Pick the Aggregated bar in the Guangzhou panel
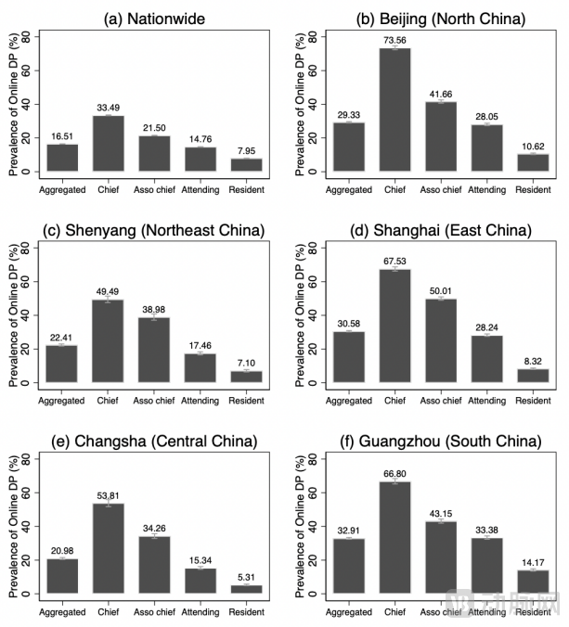point(348,566)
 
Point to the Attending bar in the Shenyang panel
point(200,367)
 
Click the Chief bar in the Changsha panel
point(108,548)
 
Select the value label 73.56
point(394,40)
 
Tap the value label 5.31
point(246,577)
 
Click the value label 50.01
point(440,291)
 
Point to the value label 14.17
point(532,562)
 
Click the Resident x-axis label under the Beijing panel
point(532,190)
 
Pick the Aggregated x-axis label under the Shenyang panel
point(62,401)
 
